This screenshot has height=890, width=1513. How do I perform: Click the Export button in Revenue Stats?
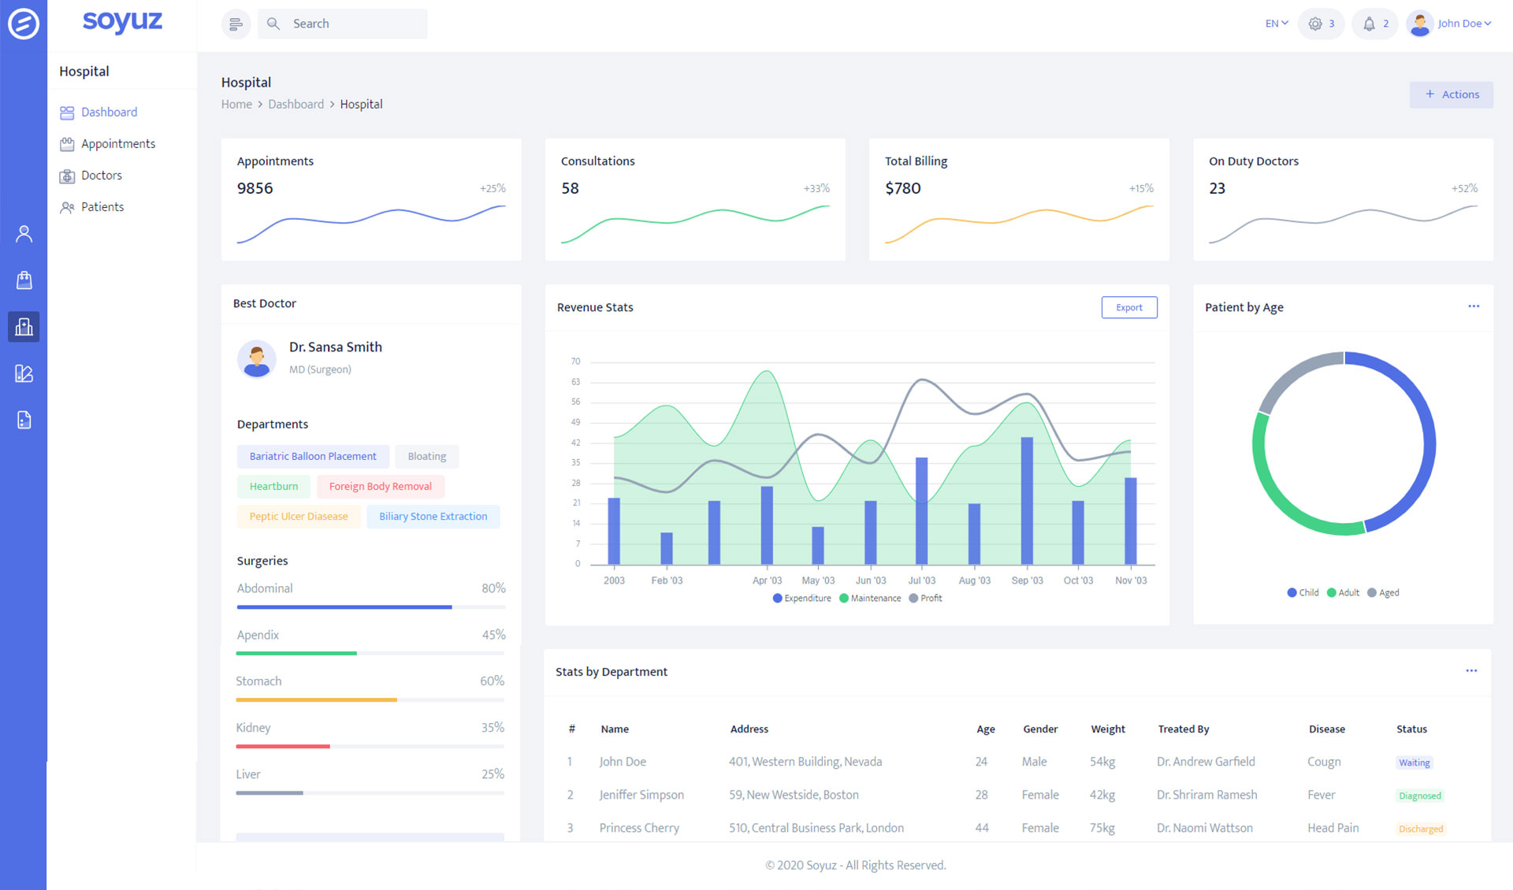coord(1128,307)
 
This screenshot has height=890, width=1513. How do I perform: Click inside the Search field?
coord(355,24)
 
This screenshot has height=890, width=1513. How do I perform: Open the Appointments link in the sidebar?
coord(117,143)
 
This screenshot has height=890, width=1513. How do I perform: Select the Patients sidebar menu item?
coord(102,206)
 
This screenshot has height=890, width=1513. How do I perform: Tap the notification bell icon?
coord(1369,24)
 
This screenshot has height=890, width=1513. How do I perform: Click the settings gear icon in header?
coord(1315,24)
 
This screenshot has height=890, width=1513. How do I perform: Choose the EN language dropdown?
coord(1276,24)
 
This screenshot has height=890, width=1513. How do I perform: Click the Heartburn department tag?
coord(273,486)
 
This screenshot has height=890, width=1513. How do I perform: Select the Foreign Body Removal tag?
coord(380,486)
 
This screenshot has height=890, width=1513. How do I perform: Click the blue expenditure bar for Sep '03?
coord(1027,500)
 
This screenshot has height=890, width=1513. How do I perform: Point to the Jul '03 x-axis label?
coord(921,580)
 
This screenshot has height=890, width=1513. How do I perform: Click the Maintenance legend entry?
coord(870,599)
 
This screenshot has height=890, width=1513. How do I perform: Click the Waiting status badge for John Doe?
coord(1414,762)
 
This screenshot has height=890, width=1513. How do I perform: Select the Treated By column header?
coord(1183,729)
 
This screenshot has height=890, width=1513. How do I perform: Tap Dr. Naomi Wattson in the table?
coord(1204,828)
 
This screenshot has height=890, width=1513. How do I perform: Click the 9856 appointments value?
coord(255,188)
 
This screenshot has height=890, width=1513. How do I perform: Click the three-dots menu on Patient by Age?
coord(1473,306)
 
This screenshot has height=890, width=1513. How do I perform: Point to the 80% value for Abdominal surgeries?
coord(493,588)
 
